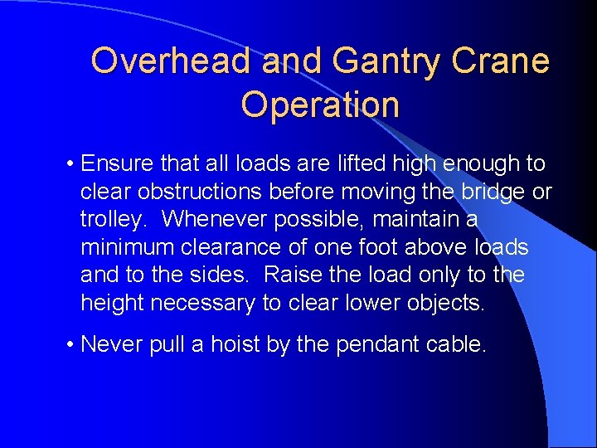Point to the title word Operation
pyautogui.click(x=320, y=105)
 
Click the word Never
pyautogui.click(x=113, y=343)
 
